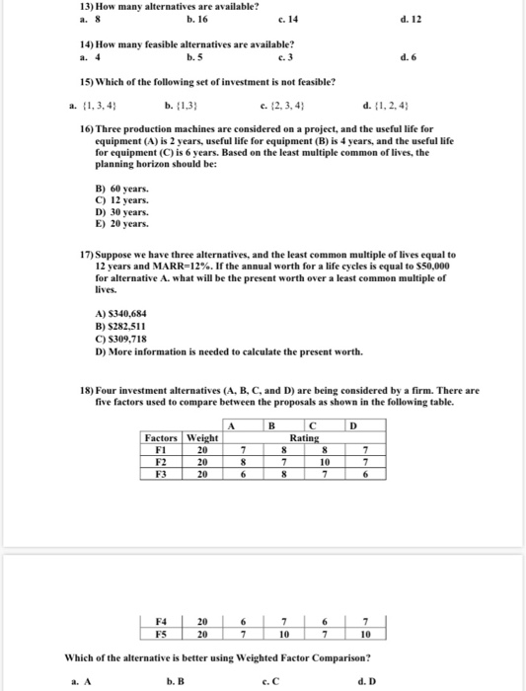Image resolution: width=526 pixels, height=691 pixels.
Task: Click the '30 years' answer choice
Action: tap(123, 211)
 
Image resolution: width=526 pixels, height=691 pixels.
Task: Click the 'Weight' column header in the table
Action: tap(202, 438)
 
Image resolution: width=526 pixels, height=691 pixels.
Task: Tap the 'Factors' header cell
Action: tap(161, 438)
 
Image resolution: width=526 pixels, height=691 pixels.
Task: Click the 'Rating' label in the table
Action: tap(304, 438)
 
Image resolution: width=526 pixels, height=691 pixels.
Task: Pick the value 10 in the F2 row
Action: tap(324, 462)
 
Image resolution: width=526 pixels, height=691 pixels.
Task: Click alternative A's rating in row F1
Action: tap(244, 450)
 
